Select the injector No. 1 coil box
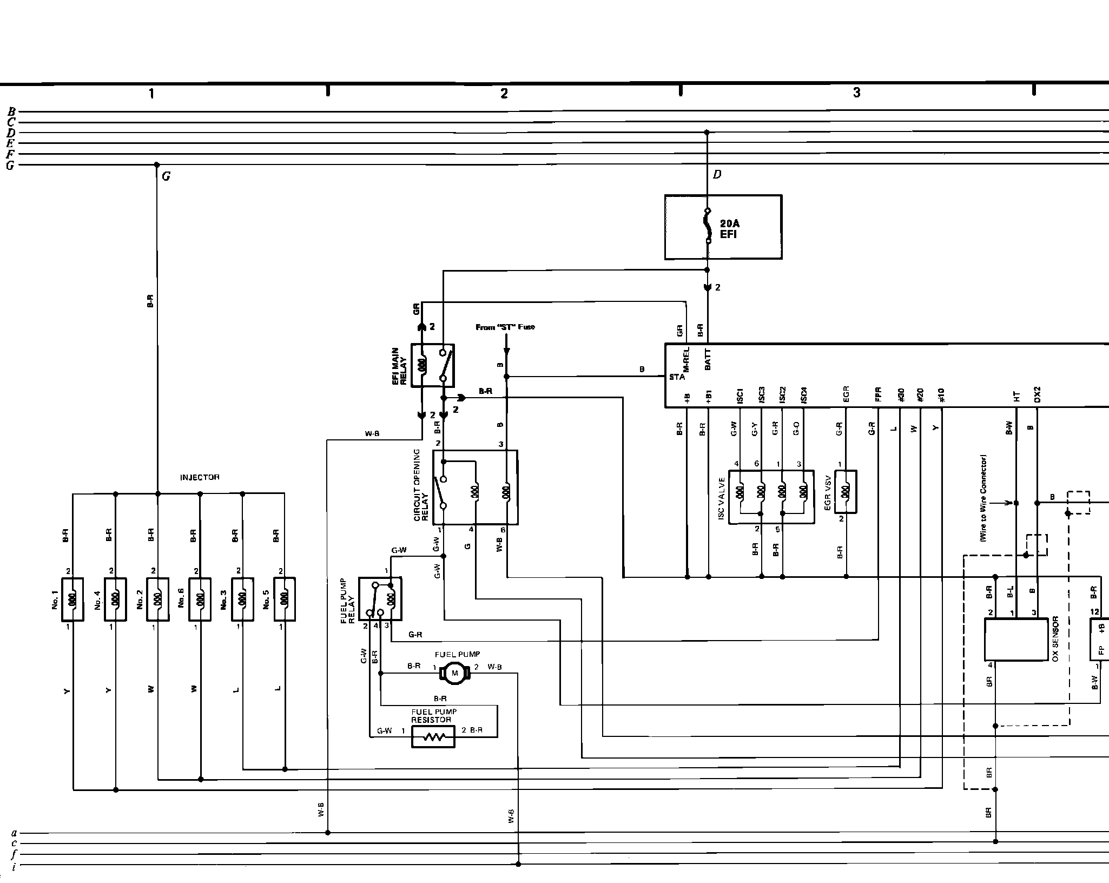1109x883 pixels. [72, 599]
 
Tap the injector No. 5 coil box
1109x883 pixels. [285, 599]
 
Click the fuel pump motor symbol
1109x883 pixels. [454, 673]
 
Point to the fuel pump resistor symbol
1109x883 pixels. [433, 737]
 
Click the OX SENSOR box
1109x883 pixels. [1016, 640]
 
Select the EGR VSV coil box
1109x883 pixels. [846, 492]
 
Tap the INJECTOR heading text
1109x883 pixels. [200, 477]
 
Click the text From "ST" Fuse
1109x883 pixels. [505, 327]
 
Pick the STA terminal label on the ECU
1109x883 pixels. [677, 377]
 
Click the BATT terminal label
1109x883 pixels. [708, 359]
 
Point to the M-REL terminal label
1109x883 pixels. [686, 358]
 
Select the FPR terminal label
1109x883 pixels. [878, 394]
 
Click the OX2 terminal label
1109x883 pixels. [1037, 395]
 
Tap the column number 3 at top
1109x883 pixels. [856, 93]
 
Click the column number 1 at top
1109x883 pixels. [151, 94]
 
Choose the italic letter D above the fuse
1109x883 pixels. [717, 174]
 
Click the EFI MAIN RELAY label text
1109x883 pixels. [399, 366]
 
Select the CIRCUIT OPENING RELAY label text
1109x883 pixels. [421, 485]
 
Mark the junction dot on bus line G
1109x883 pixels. [157, 164]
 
